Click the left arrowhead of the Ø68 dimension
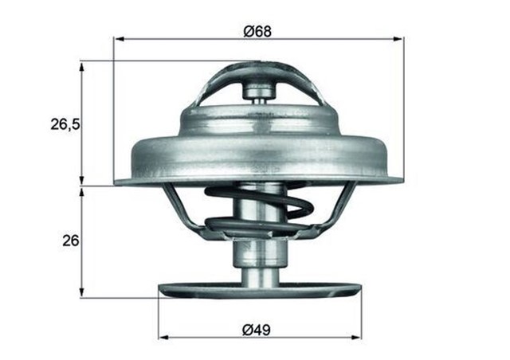(118, 38)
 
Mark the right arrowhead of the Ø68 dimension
(400, 38)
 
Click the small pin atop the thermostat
(259, 92)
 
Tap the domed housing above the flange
(259, 119)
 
